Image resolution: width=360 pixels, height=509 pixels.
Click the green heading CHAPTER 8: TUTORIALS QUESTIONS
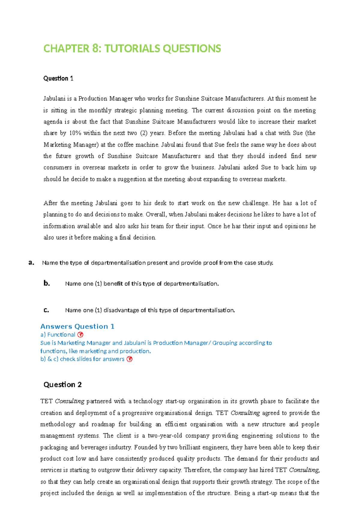(x=132, y=48)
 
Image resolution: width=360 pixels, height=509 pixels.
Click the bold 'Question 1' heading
(x=58, y=78)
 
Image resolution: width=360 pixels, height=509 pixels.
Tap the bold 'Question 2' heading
(x=62, y=384)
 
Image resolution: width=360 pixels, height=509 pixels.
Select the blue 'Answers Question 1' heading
(x=77, y=326)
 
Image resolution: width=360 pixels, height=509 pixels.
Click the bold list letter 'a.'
(x=31, y=263)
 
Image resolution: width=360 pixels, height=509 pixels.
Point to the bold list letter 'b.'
(x=46, y=283)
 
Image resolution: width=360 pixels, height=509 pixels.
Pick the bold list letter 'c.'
(x=46, y=310)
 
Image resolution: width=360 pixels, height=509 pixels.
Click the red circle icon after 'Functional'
(x=80, y=335)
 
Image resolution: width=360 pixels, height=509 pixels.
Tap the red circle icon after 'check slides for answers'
(x=129, y=359)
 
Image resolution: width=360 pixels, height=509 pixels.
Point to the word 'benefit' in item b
(x=113, y=284)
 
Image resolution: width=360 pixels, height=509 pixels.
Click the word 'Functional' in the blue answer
(x=61, y=335)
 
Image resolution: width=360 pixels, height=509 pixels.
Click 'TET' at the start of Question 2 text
(x=46, y=401)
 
